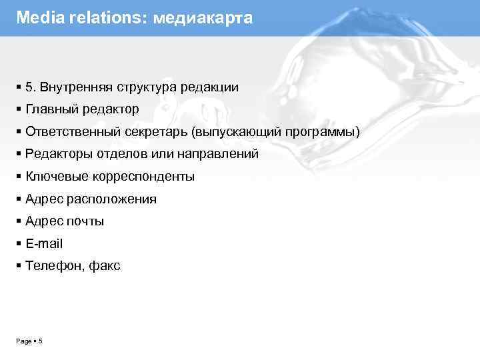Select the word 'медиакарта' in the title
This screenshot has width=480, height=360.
point(203,18)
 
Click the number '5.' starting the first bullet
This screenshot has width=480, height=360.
point(31,87)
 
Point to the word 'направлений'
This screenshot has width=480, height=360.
point(224,154)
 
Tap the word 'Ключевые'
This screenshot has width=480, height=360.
point(53,177)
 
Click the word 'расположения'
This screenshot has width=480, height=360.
point(111,199)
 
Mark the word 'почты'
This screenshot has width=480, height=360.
point(85,221)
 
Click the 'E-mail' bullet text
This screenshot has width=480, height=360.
point(44,244)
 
